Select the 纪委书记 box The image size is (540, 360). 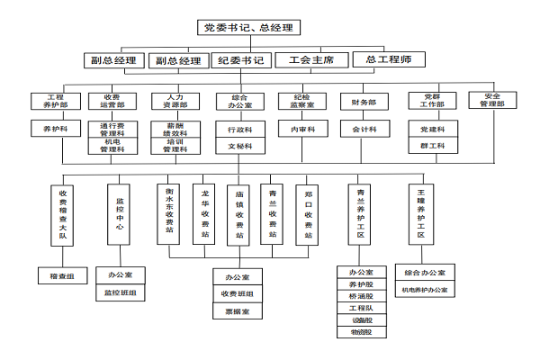tap(240, 61)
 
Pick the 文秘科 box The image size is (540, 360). tap(238, 145)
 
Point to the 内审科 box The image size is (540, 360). tap(301, 130)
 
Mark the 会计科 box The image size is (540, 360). tap(364, 130)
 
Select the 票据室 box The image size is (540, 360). tap(238, 310)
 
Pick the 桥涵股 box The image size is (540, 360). tap(361, 296)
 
